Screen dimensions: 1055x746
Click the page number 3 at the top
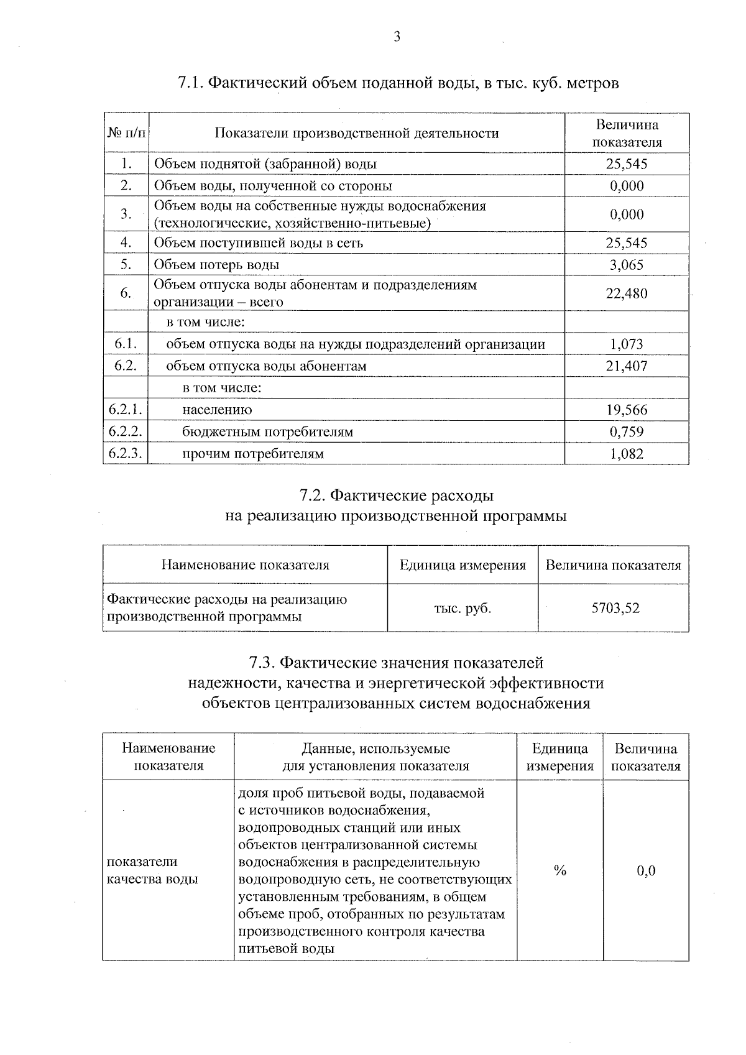397,37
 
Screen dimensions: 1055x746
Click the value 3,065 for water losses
626,265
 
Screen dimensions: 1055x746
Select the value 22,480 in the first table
626,293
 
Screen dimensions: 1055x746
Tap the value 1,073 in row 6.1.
626,344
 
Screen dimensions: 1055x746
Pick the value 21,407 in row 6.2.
626,366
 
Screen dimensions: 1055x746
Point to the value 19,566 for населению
626,410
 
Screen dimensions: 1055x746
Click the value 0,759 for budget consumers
626,431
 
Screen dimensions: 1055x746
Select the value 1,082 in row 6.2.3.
626,454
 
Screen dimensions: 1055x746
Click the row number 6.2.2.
126,431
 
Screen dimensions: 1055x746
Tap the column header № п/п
126,133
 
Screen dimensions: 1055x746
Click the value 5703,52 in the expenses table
615,608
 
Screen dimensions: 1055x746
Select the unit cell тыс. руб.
463,608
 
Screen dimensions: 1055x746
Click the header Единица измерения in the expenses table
463,565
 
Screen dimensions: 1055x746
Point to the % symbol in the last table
559,871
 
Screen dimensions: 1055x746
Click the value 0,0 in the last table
646,871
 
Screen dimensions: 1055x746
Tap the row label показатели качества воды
152,870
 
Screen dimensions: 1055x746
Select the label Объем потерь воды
216,265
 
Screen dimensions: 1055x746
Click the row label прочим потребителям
252,454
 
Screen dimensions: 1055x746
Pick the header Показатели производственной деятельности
356,133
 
